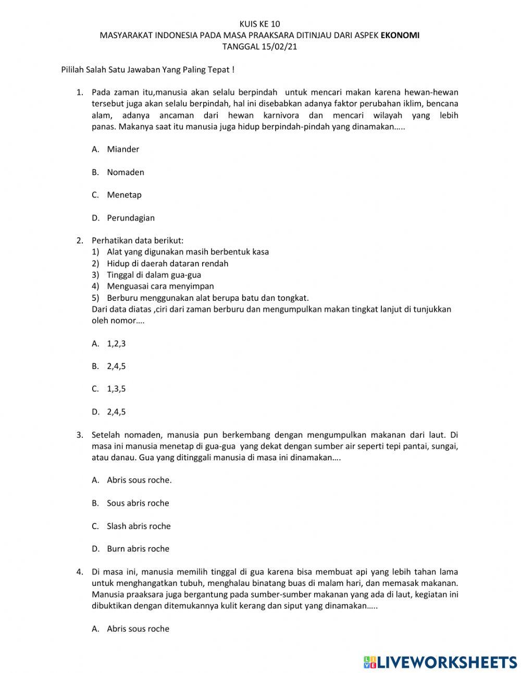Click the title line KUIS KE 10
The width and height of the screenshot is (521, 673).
point(259,24)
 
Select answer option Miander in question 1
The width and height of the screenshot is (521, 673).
point(123,149)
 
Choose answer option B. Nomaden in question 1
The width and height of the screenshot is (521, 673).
point(125,172)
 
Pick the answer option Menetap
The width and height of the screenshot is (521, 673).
point(124,195)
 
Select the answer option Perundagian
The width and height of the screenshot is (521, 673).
point(130,218)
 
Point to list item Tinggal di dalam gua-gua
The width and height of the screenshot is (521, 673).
point(154,275)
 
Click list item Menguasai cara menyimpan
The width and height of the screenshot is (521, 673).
point(160,286)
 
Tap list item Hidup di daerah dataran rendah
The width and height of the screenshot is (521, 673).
point(167,263)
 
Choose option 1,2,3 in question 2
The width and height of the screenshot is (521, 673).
point(116,343)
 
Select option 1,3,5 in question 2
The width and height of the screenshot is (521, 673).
point(116,389)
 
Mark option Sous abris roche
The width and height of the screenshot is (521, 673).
point(138,503)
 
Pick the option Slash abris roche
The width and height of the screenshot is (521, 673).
point(139,526)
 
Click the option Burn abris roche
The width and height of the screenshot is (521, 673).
point(138,548)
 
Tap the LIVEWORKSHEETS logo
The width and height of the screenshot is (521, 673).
point(440,662)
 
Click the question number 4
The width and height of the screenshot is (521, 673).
point(80,572)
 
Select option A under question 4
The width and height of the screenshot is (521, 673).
point(138,629)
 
